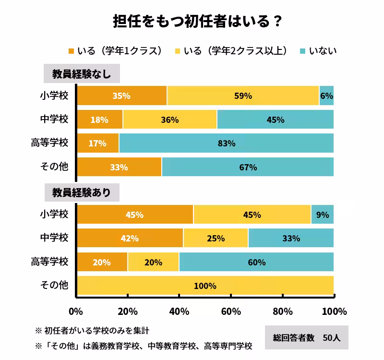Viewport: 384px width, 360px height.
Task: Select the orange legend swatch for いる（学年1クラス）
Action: pos(72,51)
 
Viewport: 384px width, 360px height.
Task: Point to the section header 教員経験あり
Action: pos(82,192)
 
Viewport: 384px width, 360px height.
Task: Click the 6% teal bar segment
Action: pos(326,96)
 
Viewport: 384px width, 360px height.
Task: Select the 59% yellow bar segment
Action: pos(243,96)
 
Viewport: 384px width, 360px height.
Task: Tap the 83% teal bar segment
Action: pos(226,143)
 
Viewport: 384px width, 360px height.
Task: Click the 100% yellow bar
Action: pos(205,286)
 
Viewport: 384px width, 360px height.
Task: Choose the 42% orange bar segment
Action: pos(130,238)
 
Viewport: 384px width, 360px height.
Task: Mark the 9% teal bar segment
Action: pos(323,215)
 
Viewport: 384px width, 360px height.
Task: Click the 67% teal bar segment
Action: pos(248,167)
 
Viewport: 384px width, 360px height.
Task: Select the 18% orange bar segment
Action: pos(99,120)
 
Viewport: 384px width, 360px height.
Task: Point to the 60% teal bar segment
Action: pos(256,262)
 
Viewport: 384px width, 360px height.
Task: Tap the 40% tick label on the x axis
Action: pos(179,312)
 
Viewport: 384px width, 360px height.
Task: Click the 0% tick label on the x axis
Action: pos(76,312)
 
